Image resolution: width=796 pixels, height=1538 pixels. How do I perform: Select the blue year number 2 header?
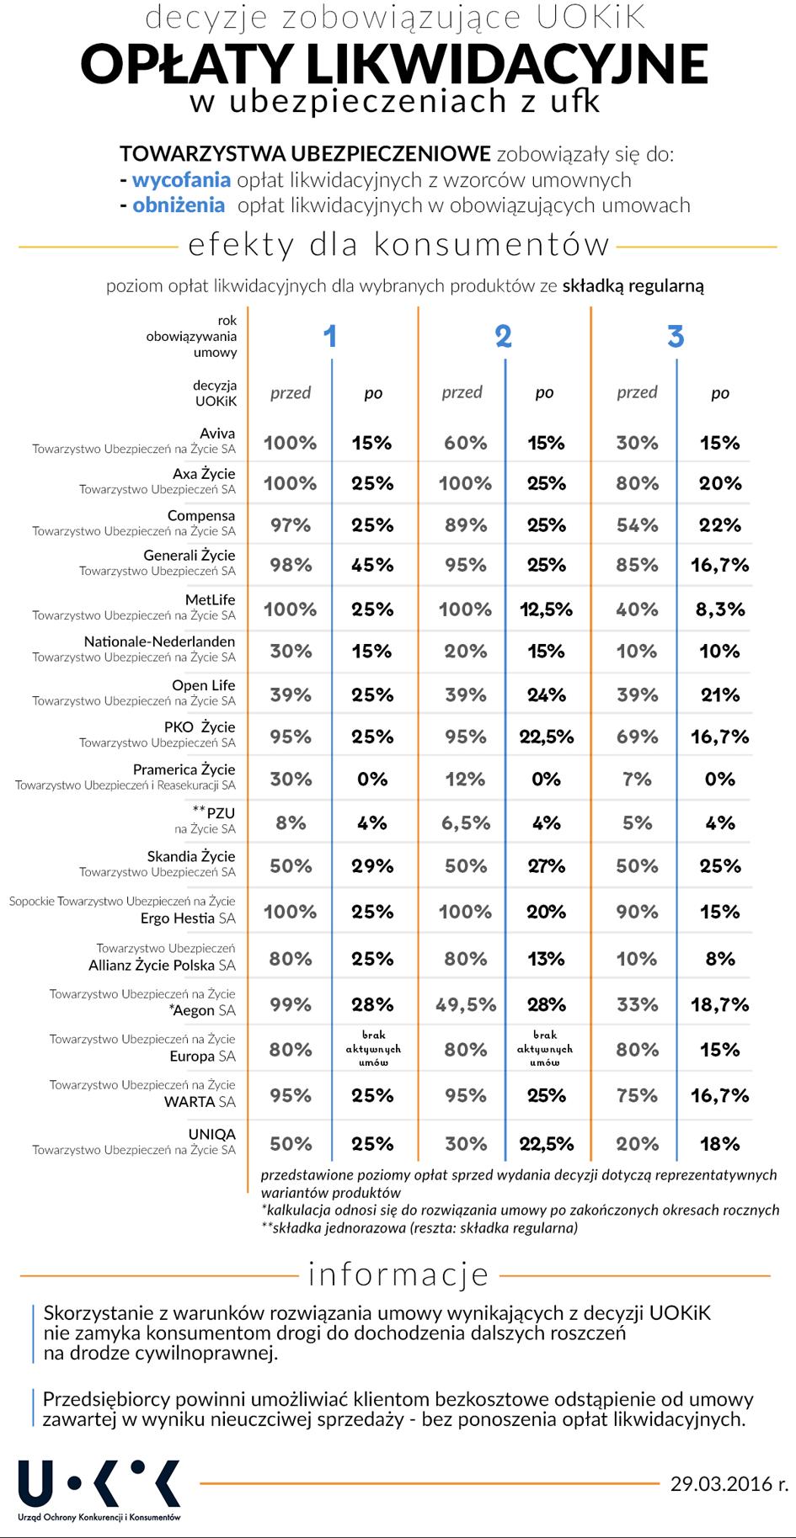[x=503, y=337]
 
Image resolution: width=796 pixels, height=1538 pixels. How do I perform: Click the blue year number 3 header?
[x=676, y=337]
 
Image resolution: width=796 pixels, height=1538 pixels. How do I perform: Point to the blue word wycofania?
[x=181, y=179]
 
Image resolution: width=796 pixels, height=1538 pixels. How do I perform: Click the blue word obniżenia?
[x=179, y=205]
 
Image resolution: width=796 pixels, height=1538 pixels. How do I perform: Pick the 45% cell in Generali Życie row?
[x=372, y=565]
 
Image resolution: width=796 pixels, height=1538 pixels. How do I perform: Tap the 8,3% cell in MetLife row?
[x=720, y=609]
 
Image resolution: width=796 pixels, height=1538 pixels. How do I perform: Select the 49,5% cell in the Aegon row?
[x=466, y=1004]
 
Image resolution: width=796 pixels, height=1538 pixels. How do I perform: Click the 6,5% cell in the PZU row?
[x=466, y=822]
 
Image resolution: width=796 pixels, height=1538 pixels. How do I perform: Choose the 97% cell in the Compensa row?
[x=291, y=525]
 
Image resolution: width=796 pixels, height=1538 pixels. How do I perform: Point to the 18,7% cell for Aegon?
[x=720, y=1004]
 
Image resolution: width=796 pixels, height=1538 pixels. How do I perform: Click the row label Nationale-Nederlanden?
[x=159, y=641]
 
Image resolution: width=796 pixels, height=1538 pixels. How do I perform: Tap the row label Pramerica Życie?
[x=184, y=769]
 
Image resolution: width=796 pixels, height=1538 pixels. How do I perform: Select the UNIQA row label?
[x=211, y=1134]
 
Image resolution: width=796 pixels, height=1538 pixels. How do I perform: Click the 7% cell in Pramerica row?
[x=637, y=779]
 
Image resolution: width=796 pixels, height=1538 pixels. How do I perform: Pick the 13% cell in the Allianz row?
[x=546, y=959]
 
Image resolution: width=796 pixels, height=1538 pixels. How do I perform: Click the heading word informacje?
[x=398, y=1274]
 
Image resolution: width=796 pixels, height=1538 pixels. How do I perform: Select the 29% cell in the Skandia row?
[x=372, y=866]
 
